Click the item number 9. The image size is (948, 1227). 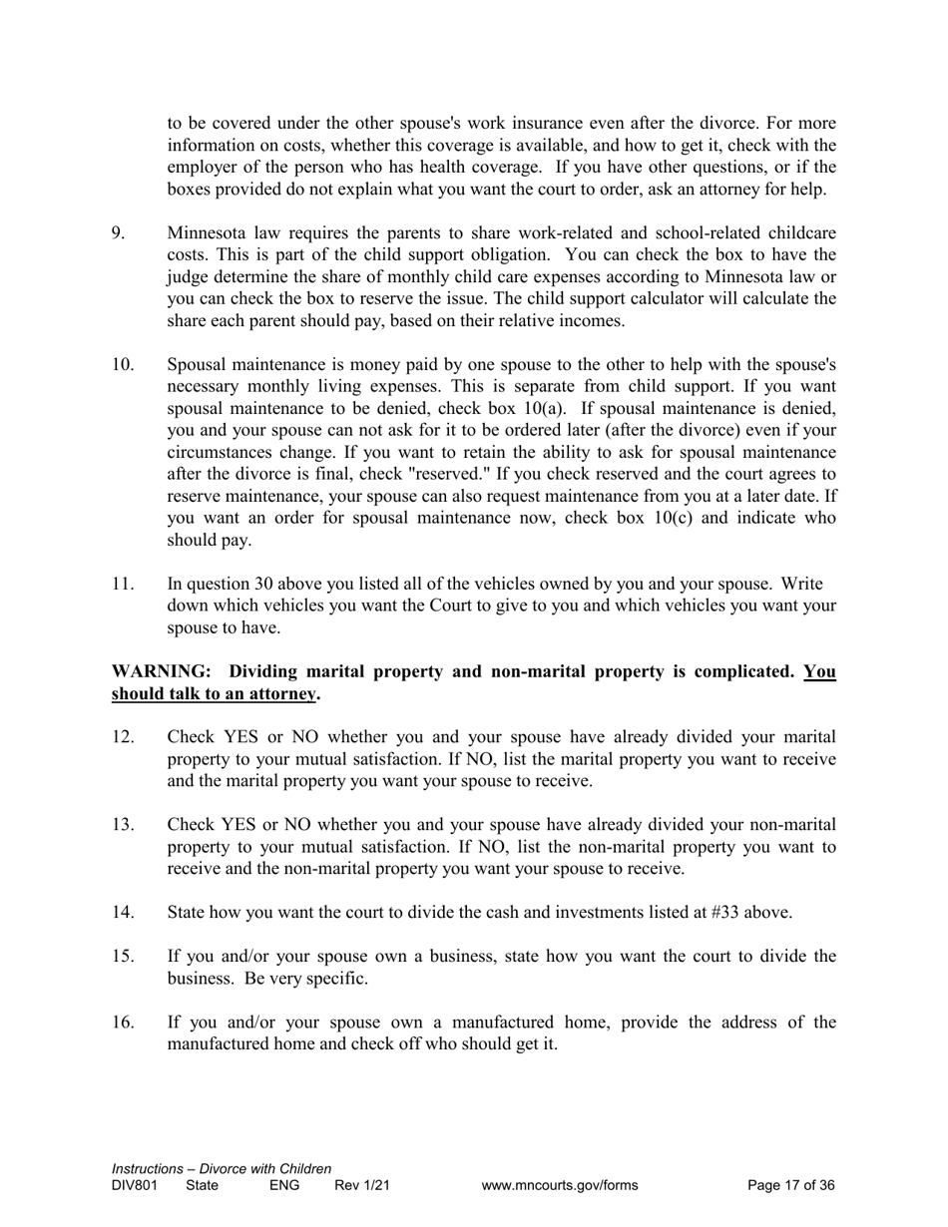118,233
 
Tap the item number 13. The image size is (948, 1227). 123,825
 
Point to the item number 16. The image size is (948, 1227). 123,1022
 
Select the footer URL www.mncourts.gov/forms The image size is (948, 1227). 559,1186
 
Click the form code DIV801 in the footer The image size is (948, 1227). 135,1186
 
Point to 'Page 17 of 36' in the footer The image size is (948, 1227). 791,1186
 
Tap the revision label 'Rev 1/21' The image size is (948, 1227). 361,1186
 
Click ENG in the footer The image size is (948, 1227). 284,1186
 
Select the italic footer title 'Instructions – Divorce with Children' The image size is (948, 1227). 222,1169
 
